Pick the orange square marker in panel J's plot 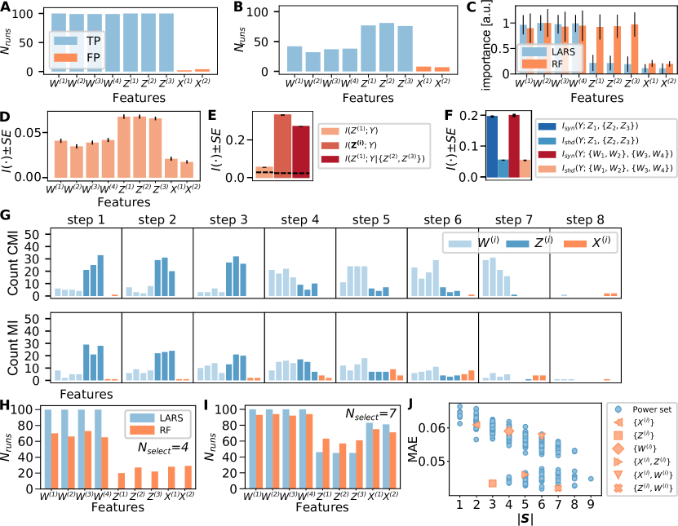tap(492, 484)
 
